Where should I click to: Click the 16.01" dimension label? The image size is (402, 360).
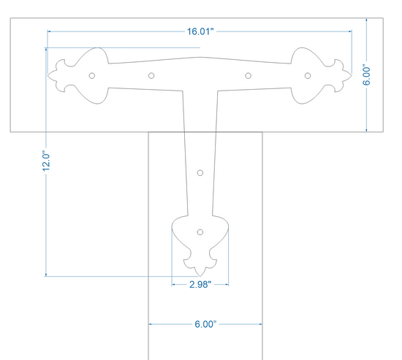coord(200,31)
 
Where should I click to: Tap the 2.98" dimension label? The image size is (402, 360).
coord(200,284)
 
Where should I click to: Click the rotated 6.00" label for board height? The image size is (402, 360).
coord(366,76)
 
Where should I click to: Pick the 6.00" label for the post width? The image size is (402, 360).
coord(205,324)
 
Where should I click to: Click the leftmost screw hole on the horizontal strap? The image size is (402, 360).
coord(92,76)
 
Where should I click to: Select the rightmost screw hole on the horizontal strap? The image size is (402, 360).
coord(308,76)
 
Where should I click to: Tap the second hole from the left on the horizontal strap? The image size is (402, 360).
coord(151,76)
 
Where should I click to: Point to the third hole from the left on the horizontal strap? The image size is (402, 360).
coord(248,76)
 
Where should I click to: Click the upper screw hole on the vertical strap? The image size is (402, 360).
coord(200,173)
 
